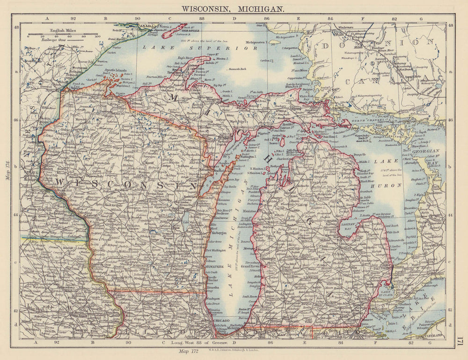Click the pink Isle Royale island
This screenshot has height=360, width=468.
(x=175, y=30)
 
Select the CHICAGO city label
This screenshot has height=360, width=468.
(x=223, y=320)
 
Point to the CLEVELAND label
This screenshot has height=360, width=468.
(x=435, y=336)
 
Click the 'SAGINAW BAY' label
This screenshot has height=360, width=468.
(x=366, y=227)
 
